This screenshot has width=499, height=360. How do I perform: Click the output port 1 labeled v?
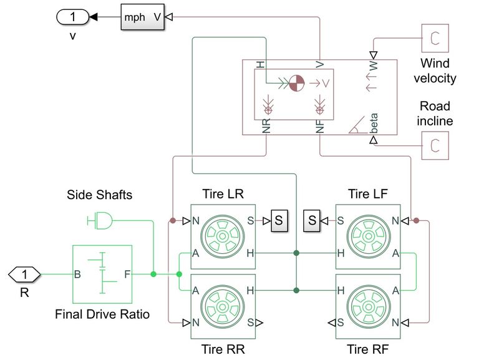(73, 18)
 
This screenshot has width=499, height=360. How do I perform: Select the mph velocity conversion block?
(143, 18)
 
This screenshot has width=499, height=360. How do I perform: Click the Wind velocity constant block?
(434, 40)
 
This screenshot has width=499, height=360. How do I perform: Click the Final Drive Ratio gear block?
(102, 274)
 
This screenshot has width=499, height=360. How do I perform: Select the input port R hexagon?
(24, 274)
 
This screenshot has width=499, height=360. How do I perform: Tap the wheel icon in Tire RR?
(223, 306)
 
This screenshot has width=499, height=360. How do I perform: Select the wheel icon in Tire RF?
(368, 306)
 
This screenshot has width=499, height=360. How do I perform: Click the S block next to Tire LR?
(279, 220)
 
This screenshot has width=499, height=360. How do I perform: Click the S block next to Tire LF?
(312, 220)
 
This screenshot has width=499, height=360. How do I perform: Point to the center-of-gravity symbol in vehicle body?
(295, 82)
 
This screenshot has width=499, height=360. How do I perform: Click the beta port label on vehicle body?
(374, 123)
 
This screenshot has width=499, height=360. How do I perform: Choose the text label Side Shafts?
(100, 195)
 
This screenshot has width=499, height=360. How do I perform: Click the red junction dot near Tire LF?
(417, 220)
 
